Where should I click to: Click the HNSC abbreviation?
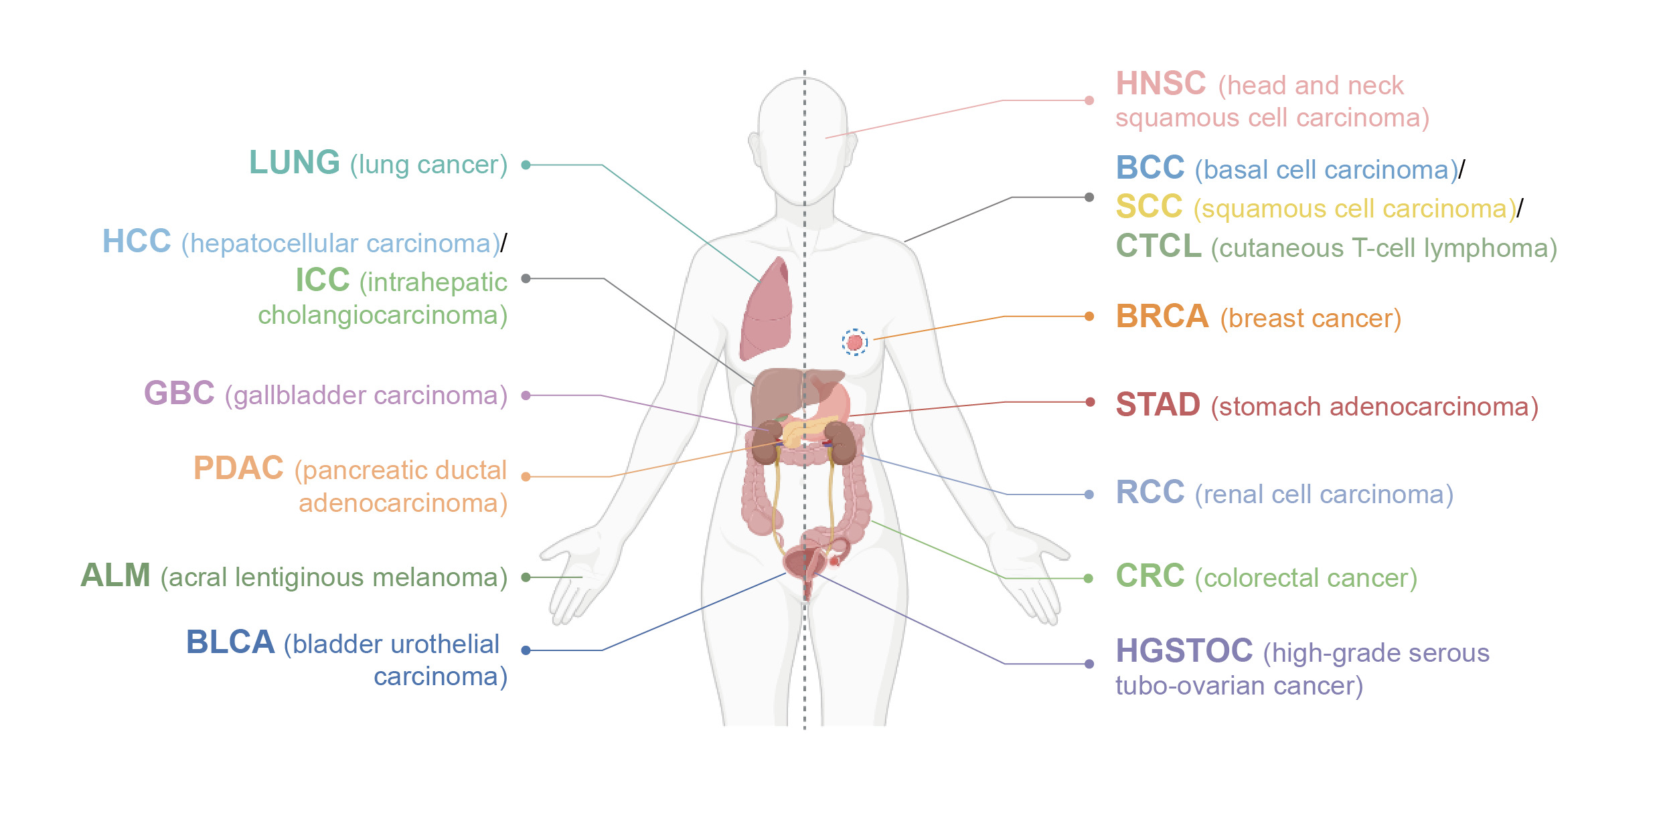pos(1160,84)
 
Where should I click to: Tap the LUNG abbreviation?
pos(294,163)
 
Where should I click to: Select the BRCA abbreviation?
pos(1162,316)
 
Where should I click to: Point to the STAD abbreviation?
pos(1158,405)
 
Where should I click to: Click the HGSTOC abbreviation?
pos(1184,651)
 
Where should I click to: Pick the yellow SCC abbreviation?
pos(1149,207)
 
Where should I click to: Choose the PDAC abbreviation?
pos(238,468)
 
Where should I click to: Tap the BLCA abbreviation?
pos(230,642)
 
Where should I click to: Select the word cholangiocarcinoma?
pos(382,315)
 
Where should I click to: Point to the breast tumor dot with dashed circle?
pos(855,343)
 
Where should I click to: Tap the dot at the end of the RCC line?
pos(1089,494)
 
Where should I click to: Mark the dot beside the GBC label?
pos(526,395)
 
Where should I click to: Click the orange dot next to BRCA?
pos(1089,316)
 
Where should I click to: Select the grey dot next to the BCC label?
pos(1089,197)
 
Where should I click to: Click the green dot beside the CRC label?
pos(1089,578)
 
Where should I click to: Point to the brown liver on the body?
pos(777,395)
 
